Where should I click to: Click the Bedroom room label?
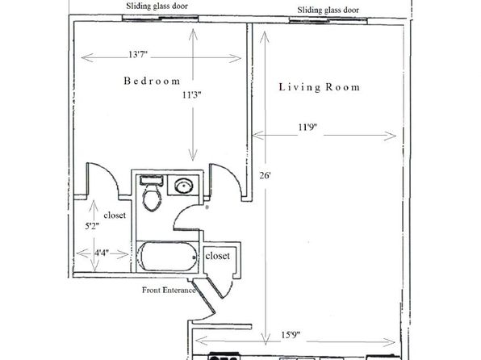(152, 81)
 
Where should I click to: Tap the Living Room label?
(320, 87)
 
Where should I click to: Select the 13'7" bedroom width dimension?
(138, 55)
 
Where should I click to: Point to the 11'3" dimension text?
(192, 94)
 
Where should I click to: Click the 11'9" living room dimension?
(307, 127)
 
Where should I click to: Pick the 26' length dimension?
(265, 175)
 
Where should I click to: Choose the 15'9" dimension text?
(291, 334)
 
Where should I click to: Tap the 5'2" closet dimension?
(92, 227)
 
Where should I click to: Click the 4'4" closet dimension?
(102, 253)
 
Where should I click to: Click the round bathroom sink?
(183, 186)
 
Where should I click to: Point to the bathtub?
(167, 257)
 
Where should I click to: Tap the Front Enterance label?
(169, 290)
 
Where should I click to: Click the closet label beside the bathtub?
(217, 256)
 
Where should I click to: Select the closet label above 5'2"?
(115, 216)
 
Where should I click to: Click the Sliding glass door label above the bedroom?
(157, 6)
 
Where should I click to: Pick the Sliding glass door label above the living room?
(328, 10)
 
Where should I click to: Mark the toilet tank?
(151, 180)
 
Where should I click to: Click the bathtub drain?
(194, 257)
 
